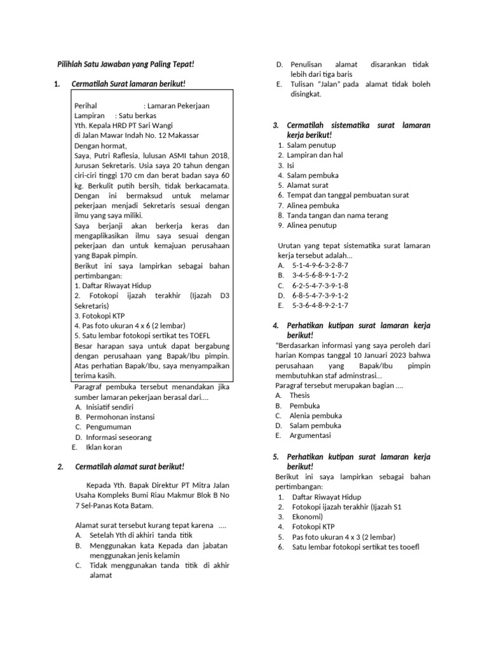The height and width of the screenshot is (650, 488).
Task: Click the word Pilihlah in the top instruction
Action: [72, 64]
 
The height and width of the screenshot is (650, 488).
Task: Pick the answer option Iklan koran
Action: [104, 447]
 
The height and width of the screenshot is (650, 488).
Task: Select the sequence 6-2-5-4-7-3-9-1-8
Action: [320, 285]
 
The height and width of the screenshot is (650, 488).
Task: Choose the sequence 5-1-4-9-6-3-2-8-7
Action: [320, 265]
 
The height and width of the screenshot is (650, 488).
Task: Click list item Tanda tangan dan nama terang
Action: [337, 215]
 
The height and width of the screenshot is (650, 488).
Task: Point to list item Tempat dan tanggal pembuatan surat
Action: [348, 195]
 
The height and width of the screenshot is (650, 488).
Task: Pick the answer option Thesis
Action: [300, 395]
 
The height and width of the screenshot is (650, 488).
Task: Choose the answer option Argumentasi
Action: [311, 435]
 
